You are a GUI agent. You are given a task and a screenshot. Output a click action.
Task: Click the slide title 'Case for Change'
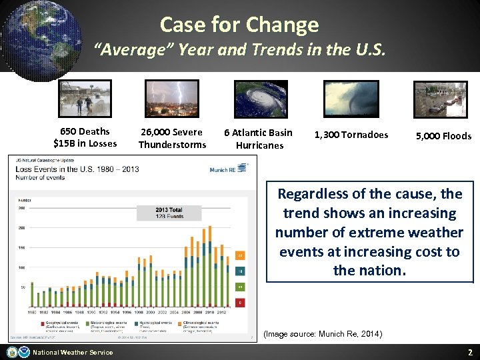click(x=239, y=25)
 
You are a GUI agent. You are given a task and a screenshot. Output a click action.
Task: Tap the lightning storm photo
click(x=172, y=99)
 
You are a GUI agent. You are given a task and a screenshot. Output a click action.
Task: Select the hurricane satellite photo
click(x=261, y=99)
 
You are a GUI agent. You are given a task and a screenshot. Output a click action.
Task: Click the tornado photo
click(x=351, y=99)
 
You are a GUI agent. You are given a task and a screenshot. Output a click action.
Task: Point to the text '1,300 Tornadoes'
click(x=351, y=135)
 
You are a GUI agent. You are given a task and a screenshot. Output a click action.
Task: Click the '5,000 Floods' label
click(x=443, y=136)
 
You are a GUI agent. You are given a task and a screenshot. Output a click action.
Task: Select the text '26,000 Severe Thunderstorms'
click(x=172, y=138)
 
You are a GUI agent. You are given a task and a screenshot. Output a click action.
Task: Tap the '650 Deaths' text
click(x=85, y=131)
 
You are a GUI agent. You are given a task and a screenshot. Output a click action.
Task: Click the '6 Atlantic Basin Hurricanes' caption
click(x=258, y=139)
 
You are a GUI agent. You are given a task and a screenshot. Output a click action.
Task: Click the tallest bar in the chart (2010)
click(x=209, y=267)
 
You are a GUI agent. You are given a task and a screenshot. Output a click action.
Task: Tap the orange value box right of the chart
click(x=241, y=255)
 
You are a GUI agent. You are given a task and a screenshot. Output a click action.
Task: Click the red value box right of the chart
click(x=241, y=302)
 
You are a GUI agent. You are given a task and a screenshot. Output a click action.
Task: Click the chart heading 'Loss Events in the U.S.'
click(x=77, y=169)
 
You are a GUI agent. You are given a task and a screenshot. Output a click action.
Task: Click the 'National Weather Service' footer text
click(x=73, y=352)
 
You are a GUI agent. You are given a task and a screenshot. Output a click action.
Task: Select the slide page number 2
click(x=469, y=352)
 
